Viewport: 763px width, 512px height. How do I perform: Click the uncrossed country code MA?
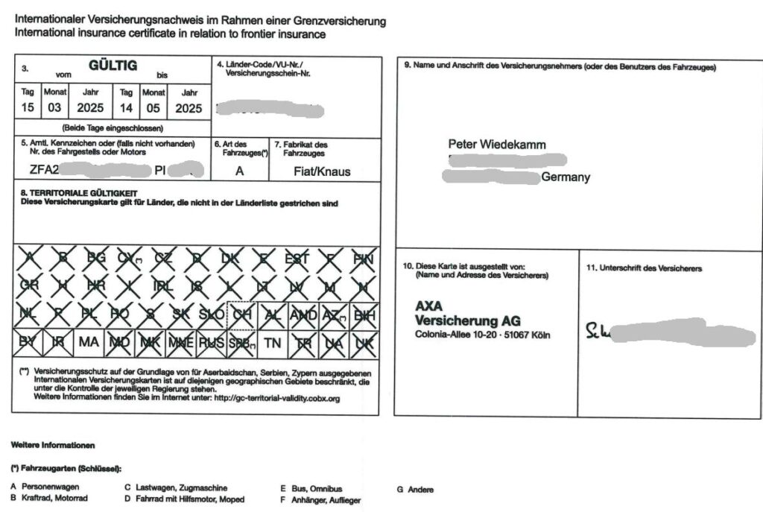coord(89,342)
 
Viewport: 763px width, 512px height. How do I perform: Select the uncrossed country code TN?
coord(273,342)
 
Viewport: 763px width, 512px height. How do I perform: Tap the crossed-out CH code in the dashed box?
coord(241,315)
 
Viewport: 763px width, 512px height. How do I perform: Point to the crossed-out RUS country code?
coord(211,342)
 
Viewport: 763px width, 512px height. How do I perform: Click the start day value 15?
coord(28,108)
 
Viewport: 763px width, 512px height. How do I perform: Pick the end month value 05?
coord(153,108)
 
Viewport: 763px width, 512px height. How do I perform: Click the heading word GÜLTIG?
coord(113,66)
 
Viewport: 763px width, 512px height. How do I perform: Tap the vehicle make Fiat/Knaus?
coord(322,171)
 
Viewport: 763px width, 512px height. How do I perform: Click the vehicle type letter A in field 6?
coord(239,171)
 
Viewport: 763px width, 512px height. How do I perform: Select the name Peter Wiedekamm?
coord(497,144)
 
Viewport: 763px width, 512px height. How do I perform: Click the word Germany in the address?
coord(566,177)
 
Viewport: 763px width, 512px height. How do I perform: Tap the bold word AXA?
coord(430,306)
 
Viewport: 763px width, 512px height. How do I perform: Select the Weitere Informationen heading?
coord(53,445)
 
